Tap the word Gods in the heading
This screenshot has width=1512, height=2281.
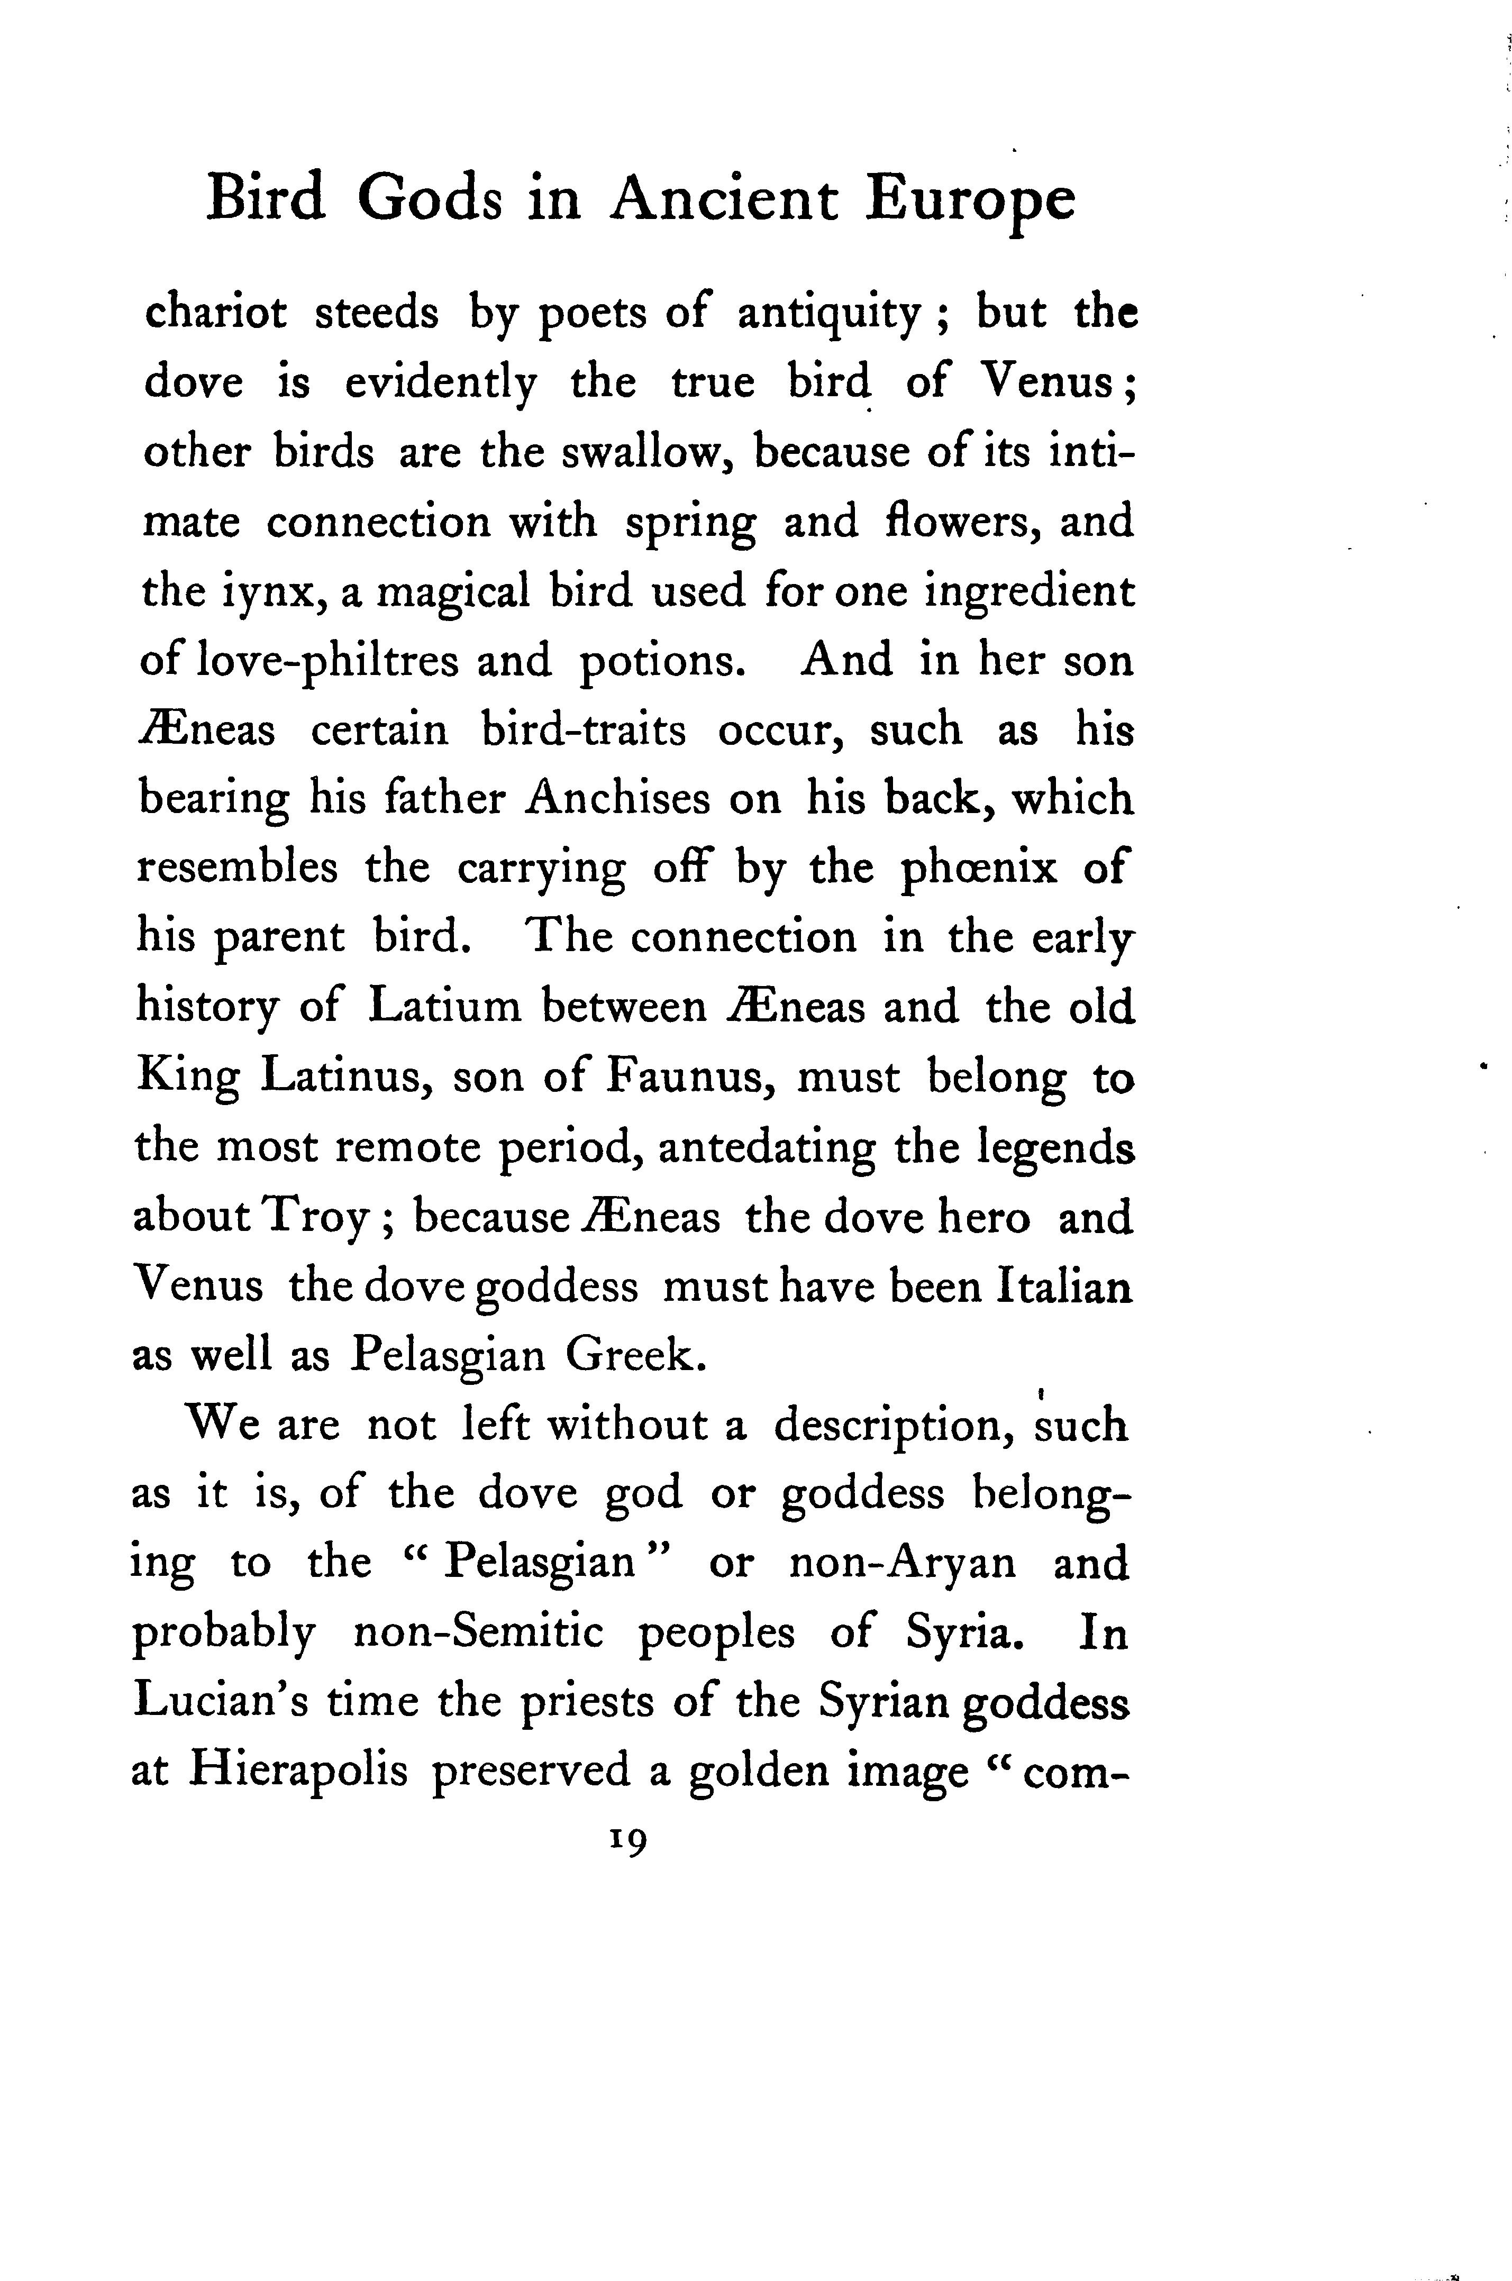[430, 198]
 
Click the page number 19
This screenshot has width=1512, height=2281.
[627, 1841]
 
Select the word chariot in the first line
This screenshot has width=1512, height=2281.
[215, 313]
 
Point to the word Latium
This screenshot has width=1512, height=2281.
[444, 1008]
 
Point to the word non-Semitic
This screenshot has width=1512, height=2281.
[478, 1632]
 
